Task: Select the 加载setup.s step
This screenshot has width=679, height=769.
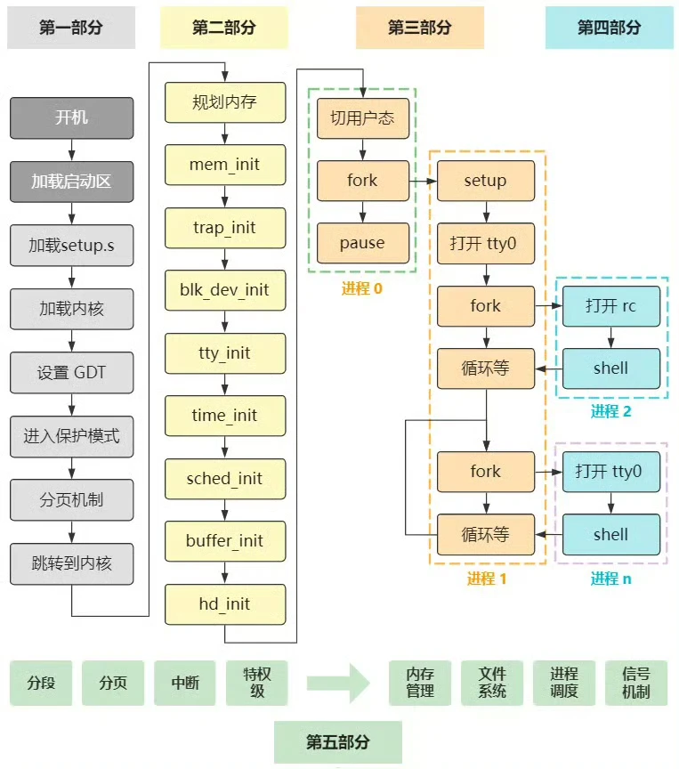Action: pyautogui.click(x=71, y=245)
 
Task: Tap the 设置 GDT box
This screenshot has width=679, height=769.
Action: pyautogui.click(x=71, y=372)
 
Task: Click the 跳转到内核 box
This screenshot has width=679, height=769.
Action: pyautogui.click(x=71, y=563)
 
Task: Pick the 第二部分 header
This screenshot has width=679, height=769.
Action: pyautogui.click(x=223, y=28)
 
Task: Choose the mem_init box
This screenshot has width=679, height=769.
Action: pyautogui.click(x=225, y=165)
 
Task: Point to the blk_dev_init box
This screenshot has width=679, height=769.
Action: pyautogui.click(x=225, y=290)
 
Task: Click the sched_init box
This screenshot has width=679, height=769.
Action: pyautogui.click(x=225, y=479)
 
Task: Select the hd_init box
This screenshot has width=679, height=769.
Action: pyautogui.click(x=225, y=604)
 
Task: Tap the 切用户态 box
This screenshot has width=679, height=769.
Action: pyautogui.click(x=362, y=118)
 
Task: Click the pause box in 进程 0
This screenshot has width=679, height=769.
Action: pyautogui.click(x=362, y=243)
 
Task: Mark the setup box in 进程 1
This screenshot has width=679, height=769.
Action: pyautogui.click(x=485, y=181)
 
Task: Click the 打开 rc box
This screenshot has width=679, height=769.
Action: pyautogui.click(x=610, y=306)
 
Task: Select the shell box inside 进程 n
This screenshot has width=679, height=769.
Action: pyautogui.click(x=610, y=535)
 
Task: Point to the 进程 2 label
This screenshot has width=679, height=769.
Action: pyautogui.click(x=610, y=411)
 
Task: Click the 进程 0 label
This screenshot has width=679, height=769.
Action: pyautogui.click(x=361, y=288)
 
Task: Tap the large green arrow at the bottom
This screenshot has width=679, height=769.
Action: pyautogui.click(x=338, y=684)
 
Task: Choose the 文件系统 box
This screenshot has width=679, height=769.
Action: pyautogui.click(x=492, y=683)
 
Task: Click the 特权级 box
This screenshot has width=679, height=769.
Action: pyautogui.click(x=257, y=683)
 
